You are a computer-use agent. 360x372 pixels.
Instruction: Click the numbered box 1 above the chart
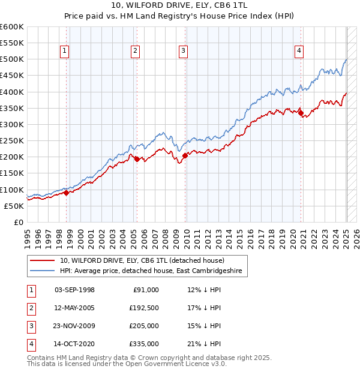tap(64, 51)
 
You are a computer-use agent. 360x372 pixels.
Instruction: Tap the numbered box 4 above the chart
tap(298, 51)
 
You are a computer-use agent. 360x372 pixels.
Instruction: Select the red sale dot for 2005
tap(137, 159)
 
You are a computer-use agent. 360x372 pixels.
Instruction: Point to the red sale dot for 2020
tap(301, 113)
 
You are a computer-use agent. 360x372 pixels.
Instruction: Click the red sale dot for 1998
tap(67, 193)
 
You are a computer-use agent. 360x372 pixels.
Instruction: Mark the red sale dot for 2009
tap(185, 155)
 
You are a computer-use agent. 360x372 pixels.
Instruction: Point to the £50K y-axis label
tap(14, 206)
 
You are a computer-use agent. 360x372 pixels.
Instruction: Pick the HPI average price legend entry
tap(150, 271)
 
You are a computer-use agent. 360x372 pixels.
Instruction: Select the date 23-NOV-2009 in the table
tap(74, 326)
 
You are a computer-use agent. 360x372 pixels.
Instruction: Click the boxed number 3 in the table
tap(31, 326)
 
